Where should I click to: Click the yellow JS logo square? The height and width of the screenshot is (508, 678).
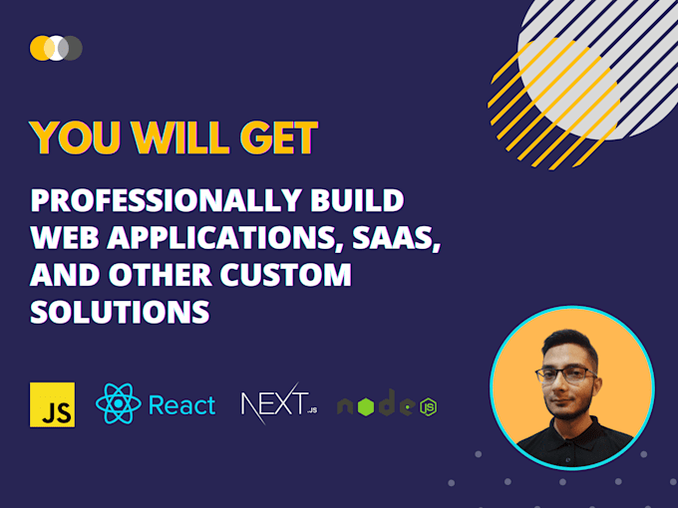click(x=53, y=404)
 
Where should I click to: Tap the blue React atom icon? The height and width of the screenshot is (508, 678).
click(x=118, y=404)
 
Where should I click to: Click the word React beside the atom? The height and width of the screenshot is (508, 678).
click(x=181, y=405)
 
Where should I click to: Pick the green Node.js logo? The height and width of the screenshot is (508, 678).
click(x=387, y=405)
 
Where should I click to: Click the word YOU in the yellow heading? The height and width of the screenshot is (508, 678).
click(x=72, y=138)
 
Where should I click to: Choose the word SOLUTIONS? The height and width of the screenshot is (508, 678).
click(x=120, y=311)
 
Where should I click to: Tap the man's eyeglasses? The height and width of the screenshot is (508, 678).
click(x=565, y=375)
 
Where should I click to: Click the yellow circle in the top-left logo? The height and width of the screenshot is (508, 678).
click(x=40, y=47)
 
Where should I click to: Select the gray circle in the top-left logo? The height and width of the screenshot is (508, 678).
click(x=73, y=47)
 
